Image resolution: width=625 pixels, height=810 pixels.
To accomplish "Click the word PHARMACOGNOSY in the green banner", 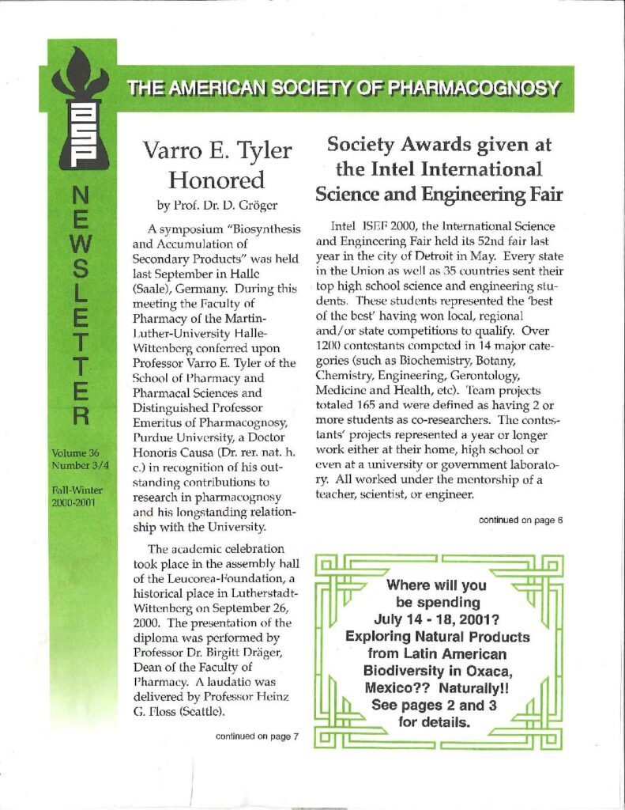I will click(x=484, y=88).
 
